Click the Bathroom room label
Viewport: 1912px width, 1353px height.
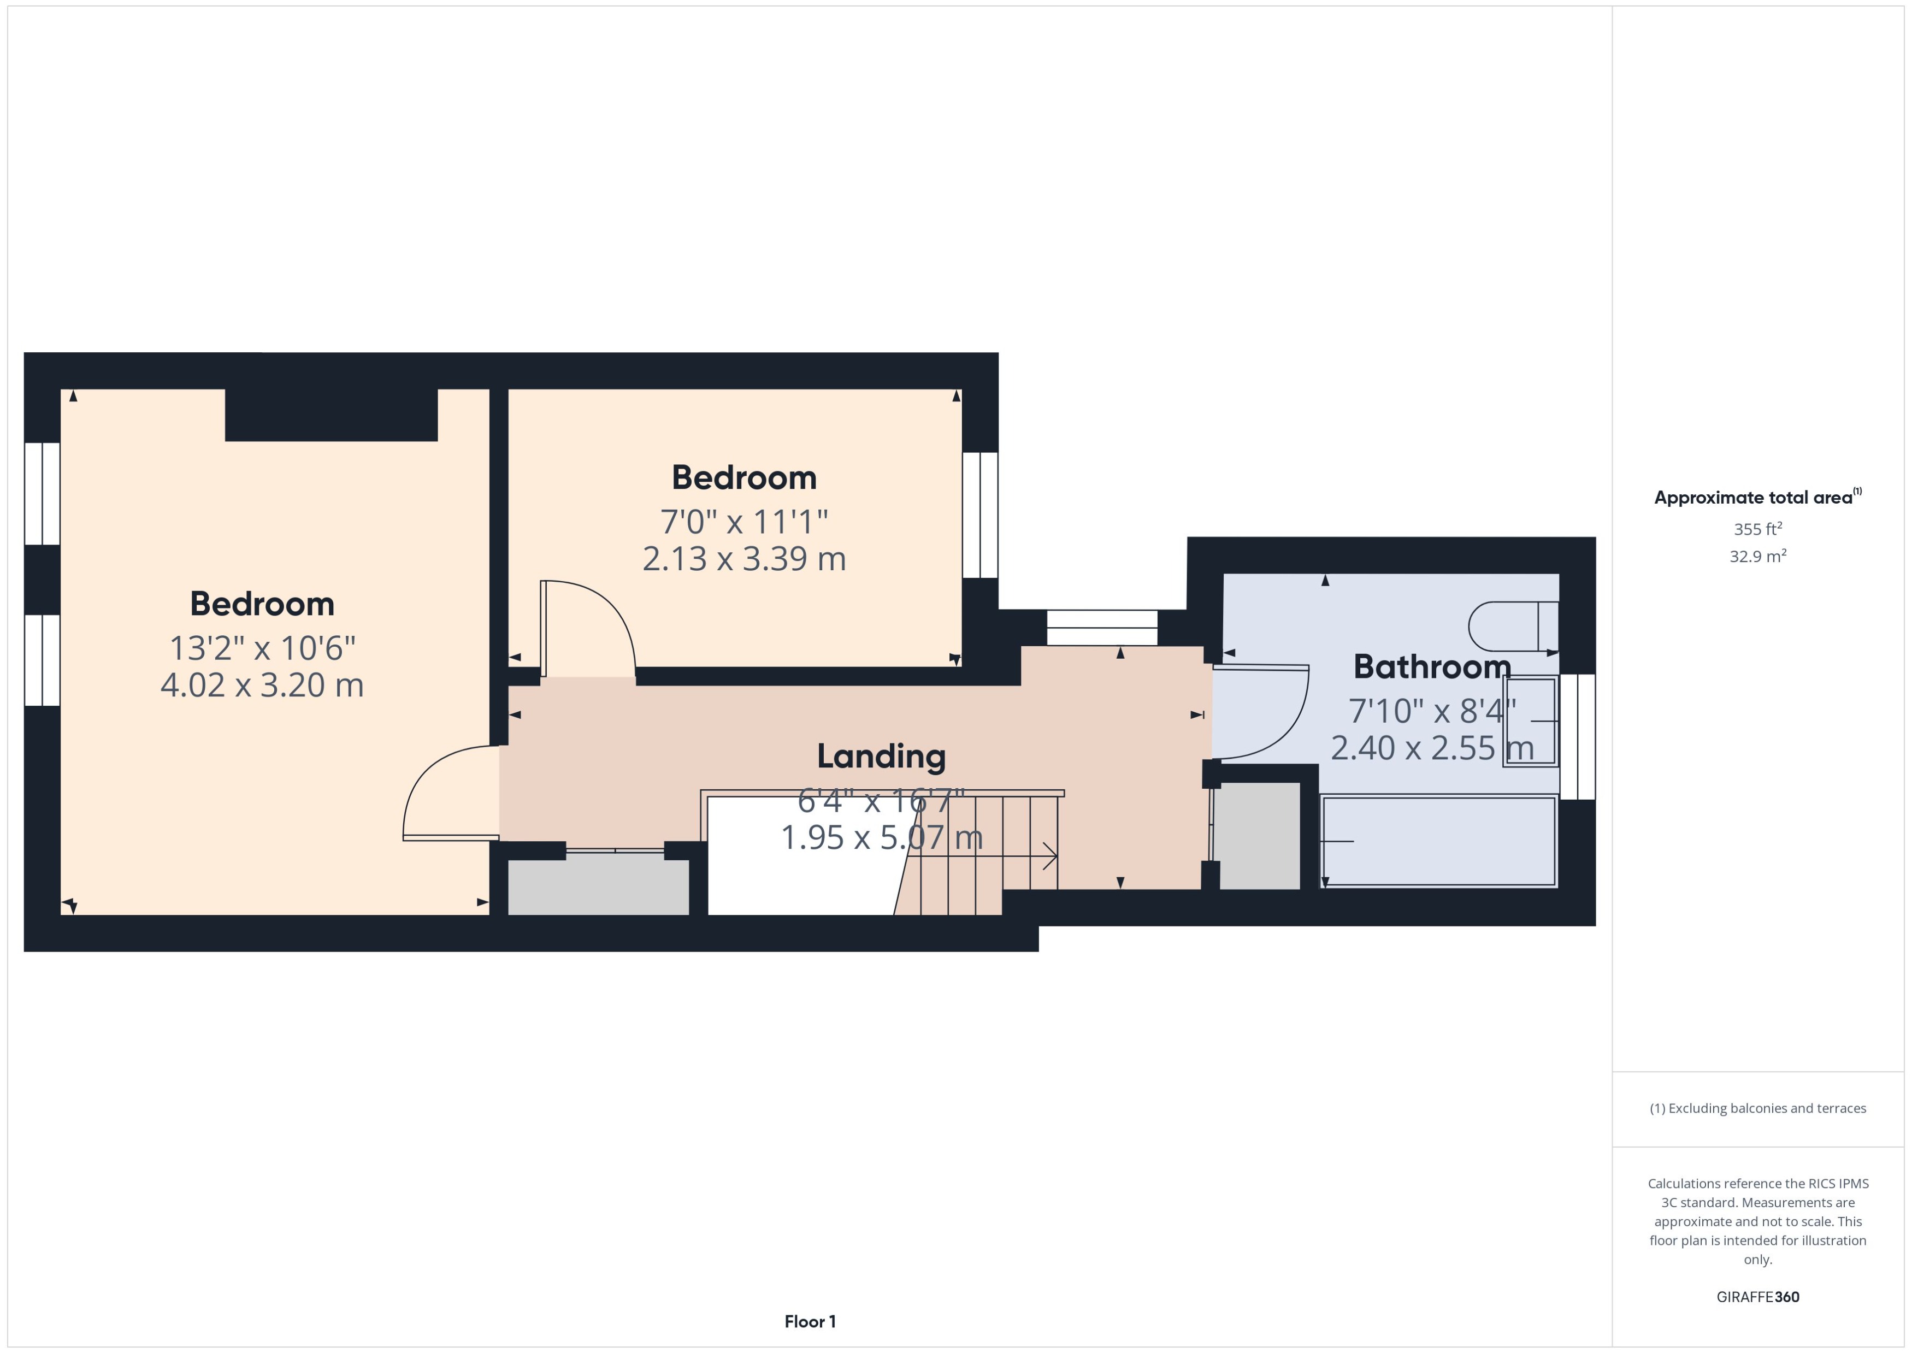1431,666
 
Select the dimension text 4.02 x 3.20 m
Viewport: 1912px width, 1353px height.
262,685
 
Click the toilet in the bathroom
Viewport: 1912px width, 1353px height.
1513,625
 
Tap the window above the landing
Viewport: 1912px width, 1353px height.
1101,628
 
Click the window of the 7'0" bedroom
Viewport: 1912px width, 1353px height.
979,515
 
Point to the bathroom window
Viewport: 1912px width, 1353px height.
1577,736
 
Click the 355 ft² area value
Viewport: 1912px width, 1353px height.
1758,529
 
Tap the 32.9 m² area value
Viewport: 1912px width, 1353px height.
1758,556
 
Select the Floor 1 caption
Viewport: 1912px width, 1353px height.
810,1321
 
